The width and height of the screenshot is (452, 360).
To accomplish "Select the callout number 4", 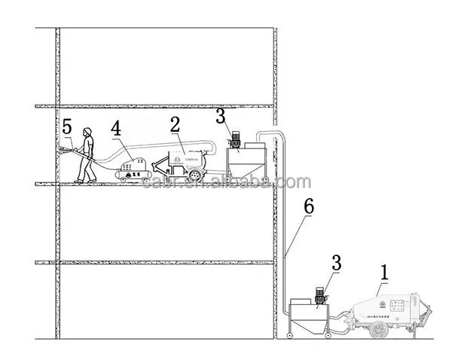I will [x=116, y=128].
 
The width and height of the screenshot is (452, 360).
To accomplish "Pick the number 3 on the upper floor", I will [x=220, y=115].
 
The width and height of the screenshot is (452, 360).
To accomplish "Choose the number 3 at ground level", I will [x=336, y=263].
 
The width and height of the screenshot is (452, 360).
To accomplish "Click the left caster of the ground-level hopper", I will [x=290, y=334].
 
